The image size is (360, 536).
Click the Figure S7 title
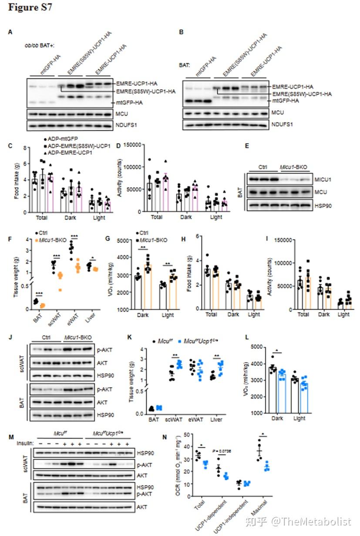click(30, 8)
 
